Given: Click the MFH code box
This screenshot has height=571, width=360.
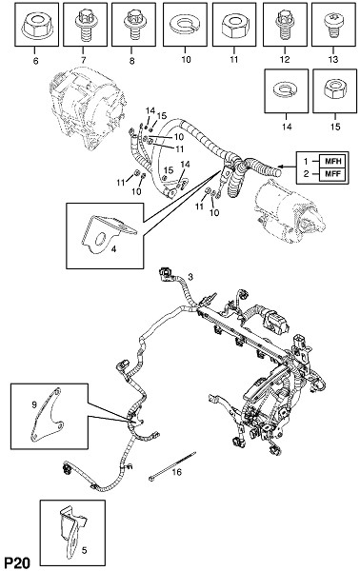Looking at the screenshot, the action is click(331, 161).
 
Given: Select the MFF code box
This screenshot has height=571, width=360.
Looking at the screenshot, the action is click(331, 174).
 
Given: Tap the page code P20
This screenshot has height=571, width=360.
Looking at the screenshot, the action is click(16, 562).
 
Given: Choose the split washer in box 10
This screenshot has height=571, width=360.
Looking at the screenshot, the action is click(185, 25).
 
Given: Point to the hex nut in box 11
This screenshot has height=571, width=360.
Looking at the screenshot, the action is click(233, 26).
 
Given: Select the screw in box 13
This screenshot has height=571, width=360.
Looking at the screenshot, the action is click(332, 25).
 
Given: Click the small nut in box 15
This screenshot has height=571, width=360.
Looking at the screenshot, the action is click(335, 89).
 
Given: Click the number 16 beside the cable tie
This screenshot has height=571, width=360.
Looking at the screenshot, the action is click(177, 472).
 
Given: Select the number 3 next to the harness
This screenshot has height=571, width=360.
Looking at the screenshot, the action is click(190, 277).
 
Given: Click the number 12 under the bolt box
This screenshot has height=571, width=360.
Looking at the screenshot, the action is click(285, 60).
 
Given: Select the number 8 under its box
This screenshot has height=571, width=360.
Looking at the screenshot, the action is click(131, 61).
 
